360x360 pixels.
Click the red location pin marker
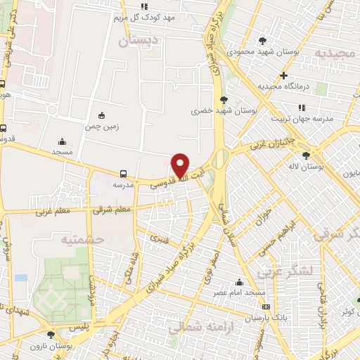pos(180,165)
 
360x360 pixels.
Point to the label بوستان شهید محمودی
pos(263,51)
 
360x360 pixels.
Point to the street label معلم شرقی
pos(112,209)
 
